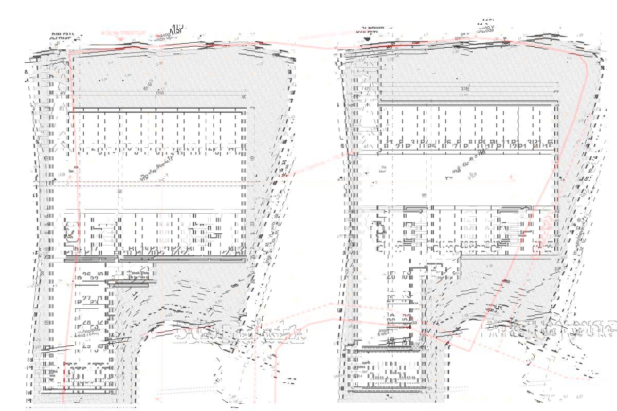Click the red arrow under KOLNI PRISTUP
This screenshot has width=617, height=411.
(x=120, y=39)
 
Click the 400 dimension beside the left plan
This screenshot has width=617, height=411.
(x=62, y=93)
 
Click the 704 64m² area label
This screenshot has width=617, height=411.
(x=383, y=169)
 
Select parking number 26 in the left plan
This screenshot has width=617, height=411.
(x=86, y=276)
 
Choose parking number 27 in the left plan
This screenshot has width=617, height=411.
(x=86, y=300)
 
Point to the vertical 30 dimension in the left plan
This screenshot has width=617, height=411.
(x=119, y=191)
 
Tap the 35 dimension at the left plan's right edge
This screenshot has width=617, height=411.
(x=244, y=98)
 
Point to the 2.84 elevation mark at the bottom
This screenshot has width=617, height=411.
(x=233, y=397)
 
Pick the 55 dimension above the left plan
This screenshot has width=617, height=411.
(x=150, y=84)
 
